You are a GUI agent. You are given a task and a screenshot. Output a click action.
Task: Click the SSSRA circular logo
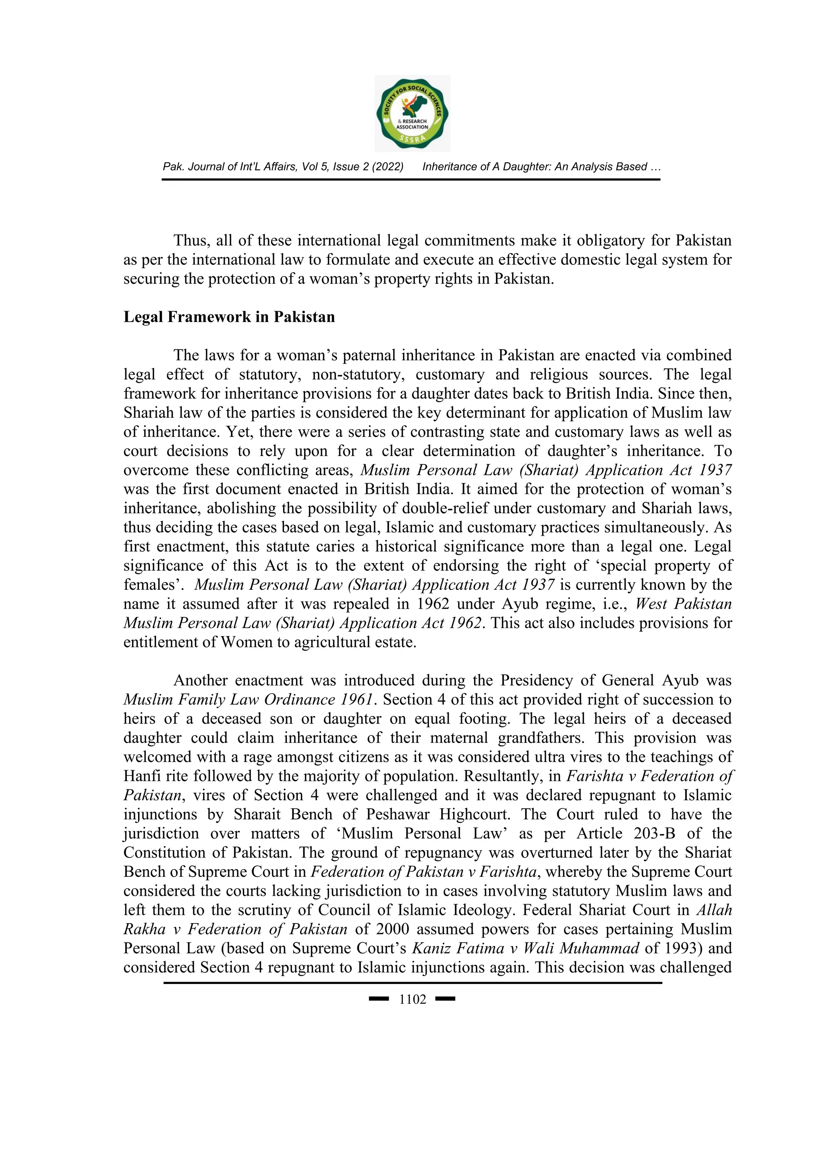[412, 113]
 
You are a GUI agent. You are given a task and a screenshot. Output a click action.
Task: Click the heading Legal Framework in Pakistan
[229, 317]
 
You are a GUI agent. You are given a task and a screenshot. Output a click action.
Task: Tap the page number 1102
[412, 999]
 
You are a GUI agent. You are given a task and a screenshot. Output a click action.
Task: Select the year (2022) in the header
[388, 167]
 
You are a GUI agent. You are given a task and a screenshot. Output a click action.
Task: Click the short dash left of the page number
[379, 999]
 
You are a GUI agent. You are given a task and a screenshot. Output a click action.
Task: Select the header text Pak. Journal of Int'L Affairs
[230, 167]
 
